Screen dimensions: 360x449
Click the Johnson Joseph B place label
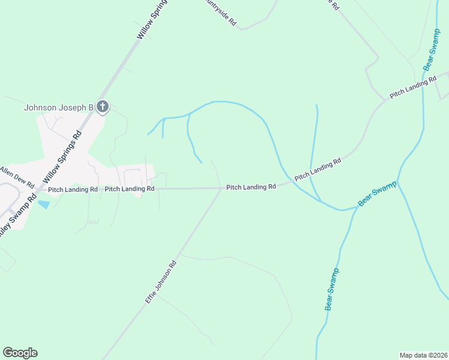tap(58, 108)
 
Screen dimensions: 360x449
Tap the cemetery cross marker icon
tap(103, 107)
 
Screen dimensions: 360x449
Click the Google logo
tap(20, 353)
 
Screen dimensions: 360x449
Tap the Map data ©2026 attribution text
tap(422, 355)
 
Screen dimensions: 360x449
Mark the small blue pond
tap(43, 205)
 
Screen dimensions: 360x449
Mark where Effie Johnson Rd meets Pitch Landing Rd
tap(220, 188)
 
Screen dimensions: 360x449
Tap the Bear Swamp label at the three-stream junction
tap(378, 193)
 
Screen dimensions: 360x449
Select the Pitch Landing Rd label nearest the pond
tap(73, 189)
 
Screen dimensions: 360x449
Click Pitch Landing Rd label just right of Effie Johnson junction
tap(251, 187)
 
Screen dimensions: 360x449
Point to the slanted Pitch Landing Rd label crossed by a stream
tap(318, 169)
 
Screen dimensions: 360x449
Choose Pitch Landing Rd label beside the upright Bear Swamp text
tap(412, 88)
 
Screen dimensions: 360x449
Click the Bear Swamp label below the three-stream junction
tap(333, 289)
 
